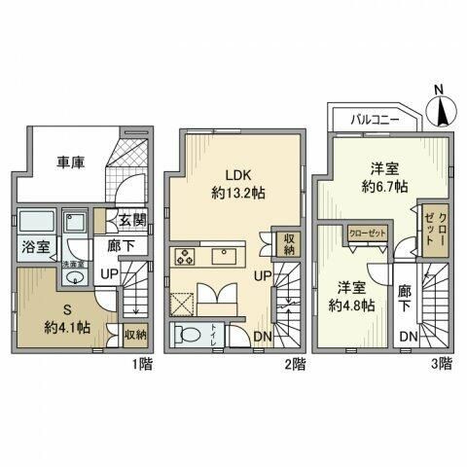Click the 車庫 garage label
point(68,162)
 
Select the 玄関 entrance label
point(133,222)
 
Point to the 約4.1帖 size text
point(66,328)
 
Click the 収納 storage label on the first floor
point(135,334)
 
